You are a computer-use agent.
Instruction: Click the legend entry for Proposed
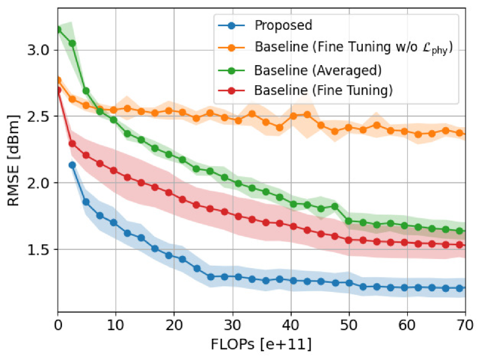pyautogui.click(x=283, y=26)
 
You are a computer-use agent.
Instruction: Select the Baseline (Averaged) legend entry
pyautogui.click(x=318, y=70)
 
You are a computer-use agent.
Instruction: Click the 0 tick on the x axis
pyautogui.click(x=58, y=325)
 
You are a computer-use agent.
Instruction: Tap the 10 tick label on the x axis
pyautogui.click(x=116, y=325)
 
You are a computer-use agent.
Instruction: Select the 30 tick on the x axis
pyautogui.click(x=233, y=325)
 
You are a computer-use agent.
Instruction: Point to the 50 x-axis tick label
pyautogui.click(x=349, y=325)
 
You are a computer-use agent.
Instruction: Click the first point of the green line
pyautogui.click(x=58, y=29)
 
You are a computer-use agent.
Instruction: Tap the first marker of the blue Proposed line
pyautogui.click(x=72, y=165)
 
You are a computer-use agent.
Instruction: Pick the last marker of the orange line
pyautogui.click(x=460, y=133)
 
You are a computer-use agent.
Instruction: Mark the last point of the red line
pyautogui.click(x=460, y=245)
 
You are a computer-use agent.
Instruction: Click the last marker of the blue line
pyautogui.click(x=460, y=288)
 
